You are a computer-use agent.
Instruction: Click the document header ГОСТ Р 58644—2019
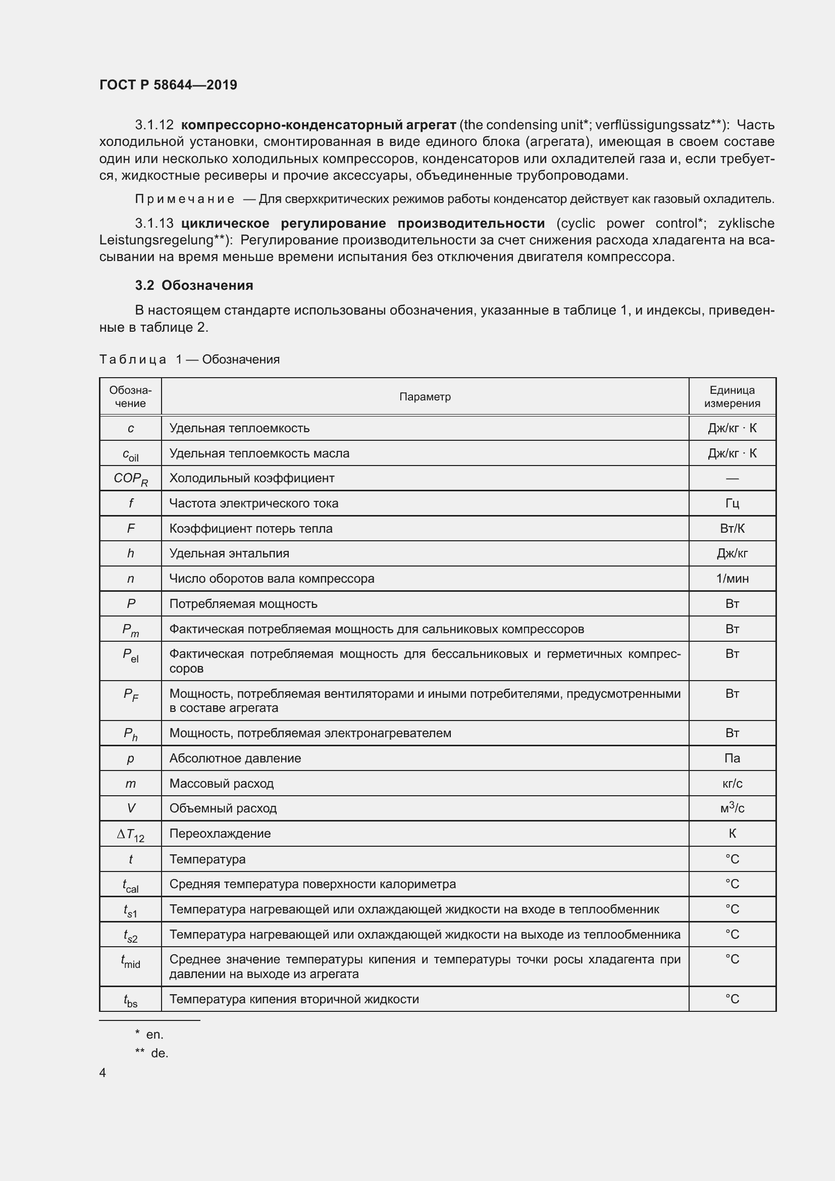168,85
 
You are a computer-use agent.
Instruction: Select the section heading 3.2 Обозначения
194,285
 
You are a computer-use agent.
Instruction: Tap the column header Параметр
425,396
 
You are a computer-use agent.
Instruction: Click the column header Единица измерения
732,396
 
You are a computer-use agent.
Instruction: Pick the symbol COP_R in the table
131,479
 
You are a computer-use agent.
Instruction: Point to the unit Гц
732,503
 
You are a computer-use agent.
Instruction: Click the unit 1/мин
732,579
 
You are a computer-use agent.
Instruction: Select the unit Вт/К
732,528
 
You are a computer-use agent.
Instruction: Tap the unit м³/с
732,808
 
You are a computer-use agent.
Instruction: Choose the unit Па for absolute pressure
732,758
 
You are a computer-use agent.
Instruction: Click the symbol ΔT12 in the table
131,834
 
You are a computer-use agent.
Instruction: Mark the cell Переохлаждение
220,833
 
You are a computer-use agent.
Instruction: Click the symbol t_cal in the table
131,885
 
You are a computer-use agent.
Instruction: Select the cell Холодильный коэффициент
252,478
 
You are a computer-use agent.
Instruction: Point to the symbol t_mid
131,961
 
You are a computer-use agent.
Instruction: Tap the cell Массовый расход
222,784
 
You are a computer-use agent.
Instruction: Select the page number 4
103,1072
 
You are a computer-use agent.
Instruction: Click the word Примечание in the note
185,199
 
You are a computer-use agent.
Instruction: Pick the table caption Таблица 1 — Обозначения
189,360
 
